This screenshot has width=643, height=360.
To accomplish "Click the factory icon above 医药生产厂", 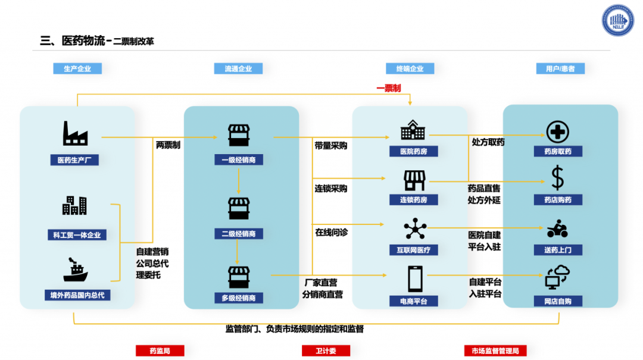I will (x=75, y=133).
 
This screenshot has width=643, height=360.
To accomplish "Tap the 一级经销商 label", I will (x=239, y=160).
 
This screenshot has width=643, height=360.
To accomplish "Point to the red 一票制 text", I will (x=388, y=88).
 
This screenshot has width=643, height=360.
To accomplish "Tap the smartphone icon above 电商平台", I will (x=414, y=278).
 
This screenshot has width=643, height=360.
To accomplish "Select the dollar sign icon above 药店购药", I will (x=557, y=177).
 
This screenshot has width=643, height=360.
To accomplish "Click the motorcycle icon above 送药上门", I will (x=557, y=228).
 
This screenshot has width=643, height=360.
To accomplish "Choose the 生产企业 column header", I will (x=77, y=69).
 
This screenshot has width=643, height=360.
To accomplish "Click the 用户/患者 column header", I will (x=560, y=69).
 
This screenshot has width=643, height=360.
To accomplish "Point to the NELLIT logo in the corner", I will (x=618, y=21).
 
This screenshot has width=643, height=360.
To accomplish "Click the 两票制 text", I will (x=168, y=145).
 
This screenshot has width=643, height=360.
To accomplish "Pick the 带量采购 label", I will (x=330, y=145).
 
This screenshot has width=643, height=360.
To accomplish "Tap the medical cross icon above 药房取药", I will (x=557, y=132).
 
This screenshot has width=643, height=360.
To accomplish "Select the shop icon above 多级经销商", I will (x=239, y=277).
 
